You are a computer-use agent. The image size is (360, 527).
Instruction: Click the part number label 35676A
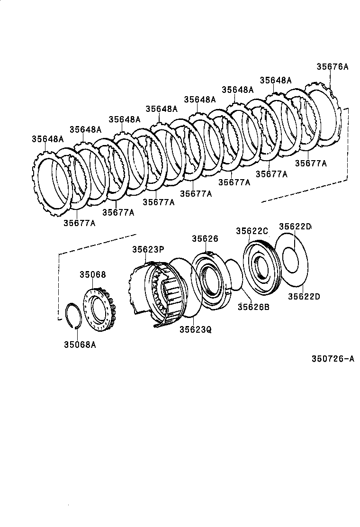[x=332, y=67]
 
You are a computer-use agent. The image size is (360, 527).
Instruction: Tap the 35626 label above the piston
[x=205, y=239]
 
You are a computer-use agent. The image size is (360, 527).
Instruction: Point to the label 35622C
[x=252, y=231]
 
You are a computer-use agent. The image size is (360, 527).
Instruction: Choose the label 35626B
[x=253, y=307]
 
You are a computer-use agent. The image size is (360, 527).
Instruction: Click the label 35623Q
[x=195, y=328]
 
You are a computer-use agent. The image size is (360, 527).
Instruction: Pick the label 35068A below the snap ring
[x=80, y=345]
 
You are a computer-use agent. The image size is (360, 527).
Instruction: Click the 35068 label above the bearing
[x=92, y=274]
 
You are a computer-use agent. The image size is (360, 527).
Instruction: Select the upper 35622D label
[x=295, y=227]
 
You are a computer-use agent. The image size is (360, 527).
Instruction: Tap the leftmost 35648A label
[x=47, y=139]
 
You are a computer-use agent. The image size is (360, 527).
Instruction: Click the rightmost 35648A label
[x=275, y=80]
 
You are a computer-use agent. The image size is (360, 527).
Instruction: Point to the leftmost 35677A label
[x=79, y=223]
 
